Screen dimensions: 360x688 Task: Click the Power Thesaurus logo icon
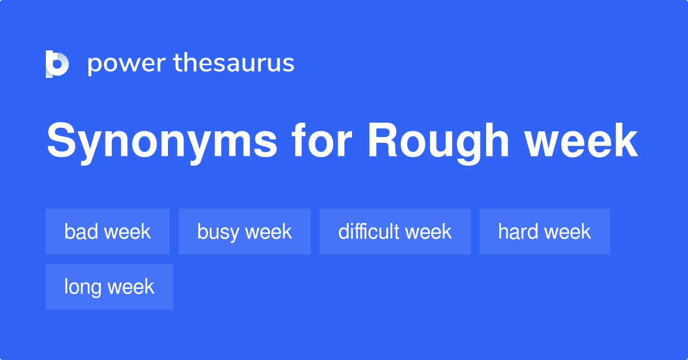[x=57, y=64]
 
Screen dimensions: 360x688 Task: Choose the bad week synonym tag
[x=108, y=232]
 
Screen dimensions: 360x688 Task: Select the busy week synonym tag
[x=245, y=232]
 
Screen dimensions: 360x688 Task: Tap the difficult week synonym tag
[x=395, y=232]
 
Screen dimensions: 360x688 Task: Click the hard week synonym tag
[x=545, y=232]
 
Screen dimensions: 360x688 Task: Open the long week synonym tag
[x=110, y=287]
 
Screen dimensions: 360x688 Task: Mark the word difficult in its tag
[x=369, y=232]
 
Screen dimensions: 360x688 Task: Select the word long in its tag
[x=81, y=287]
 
